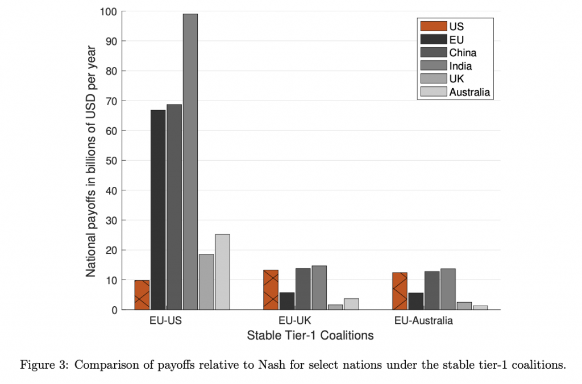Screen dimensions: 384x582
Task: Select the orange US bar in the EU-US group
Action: point(142,295)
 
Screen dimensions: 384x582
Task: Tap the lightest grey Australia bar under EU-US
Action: point(222,272)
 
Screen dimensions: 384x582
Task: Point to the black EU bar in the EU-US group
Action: point(158,210)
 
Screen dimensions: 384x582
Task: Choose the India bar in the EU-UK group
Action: point(319,287)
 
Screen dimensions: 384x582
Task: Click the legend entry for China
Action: point(463,53)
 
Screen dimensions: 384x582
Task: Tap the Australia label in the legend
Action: point(469,92)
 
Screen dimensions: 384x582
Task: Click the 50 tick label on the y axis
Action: point(111,161)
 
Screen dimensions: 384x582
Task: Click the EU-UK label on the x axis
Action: point(295,321)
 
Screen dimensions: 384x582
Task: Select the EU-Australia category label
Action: point(423,321)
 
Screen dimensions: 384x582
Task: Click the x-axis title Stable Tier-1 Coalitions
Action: point(310,335)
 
